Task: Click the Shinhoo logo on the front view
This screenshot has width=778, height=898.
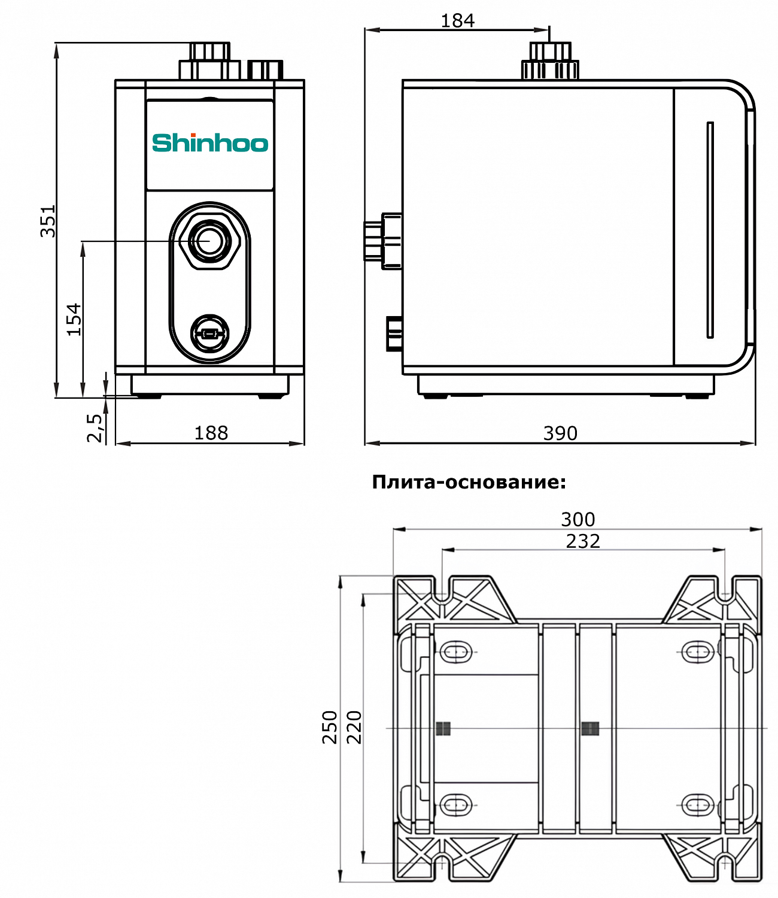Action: [x=210, y=143]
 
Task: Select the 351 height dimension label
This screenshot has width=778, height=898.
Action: [x=48, y=221]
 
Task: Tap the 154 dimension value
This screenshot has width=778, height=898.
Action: [x=74, y=319]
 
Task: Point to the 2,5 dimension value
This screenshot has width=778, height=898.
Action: [x=95, y=427]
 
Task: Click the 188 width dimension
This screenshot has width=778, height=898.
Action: [x=211, y=433]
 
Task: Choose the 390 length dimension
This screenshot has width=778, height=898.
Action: [x=560, y=433]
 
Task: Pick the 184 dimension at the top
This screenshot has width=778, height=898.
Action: [x=457, y=21]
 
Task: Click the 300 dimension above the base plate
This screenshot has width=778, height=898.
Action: [x=578, y=519]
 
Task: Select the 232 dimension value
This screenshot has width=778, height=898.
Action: [x=582, y=541]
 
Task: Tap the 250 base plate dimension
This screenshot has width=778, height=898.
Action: [x=330, y=727]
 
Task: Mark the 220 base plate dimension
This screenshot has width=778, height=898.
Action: [x=354, y=727]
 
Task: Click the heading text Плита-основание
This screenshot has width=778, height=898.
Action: [x=469, y=482]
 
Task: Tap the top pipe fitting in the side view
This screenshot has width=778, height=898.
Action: [x=550, y=60]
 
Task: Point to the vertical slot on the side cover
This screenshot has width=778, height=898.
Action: [x=710, y=230]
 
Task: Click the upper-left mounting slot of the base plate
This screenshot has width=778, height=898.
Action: [x=457, y=651]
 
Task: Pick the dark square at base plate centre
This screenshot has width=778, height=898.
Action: [x=590, y=728]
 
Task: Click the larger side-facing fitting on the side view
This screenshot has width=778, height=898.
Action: [x=382, y=241]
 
